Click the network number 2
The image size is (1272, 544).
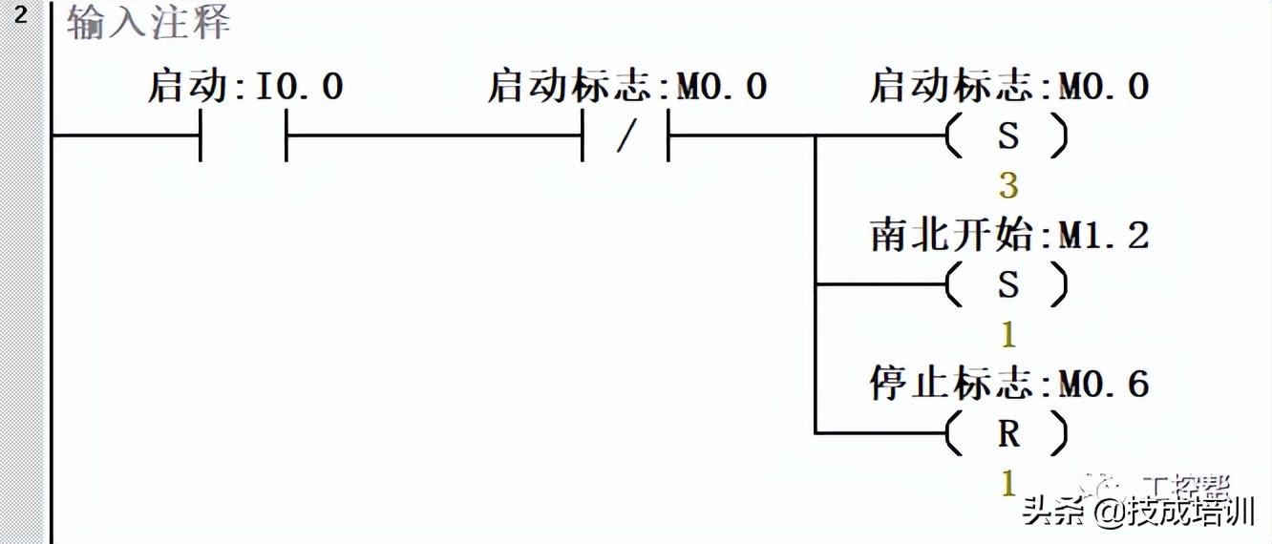click(20, 16)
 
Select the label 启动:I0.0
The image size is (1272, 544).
click(244, 88)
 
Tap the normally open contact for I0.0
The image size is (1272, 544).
click(244, 136)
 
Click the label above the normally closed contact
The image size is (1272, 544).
click(626, 88)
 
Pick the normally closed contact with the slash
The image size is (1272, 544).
click(625, 136)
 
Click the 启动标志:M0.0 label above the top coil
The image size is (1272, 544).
click(1008, 88)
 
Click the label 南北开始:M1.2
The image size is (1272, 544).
click(1008, 236)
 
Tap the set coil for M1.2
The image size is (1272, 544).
click(1007, 284)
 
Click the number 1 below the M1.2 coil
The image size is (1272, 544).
click(1008, 335)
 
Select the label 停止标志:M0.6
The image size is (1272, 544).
click(1008, 385)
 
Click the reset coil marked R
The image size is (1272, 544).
click(1007, 434)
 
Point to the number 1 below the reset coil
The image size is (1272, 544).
click(1008, 484)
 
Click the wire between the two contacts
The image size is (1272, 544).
click(435, 136)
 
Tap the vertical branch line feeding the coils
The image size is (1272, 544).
click(815, 286)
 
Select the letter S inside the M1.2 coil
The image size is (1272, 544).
click(1008, 284)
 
